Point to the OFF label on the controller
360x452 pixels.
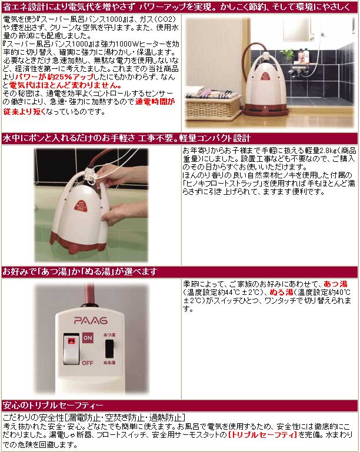coord(88,362)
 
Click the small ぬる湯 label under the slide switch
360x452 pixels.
coord(109,363)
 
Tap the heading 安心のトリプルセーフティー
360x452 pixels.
coord(53,406)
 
